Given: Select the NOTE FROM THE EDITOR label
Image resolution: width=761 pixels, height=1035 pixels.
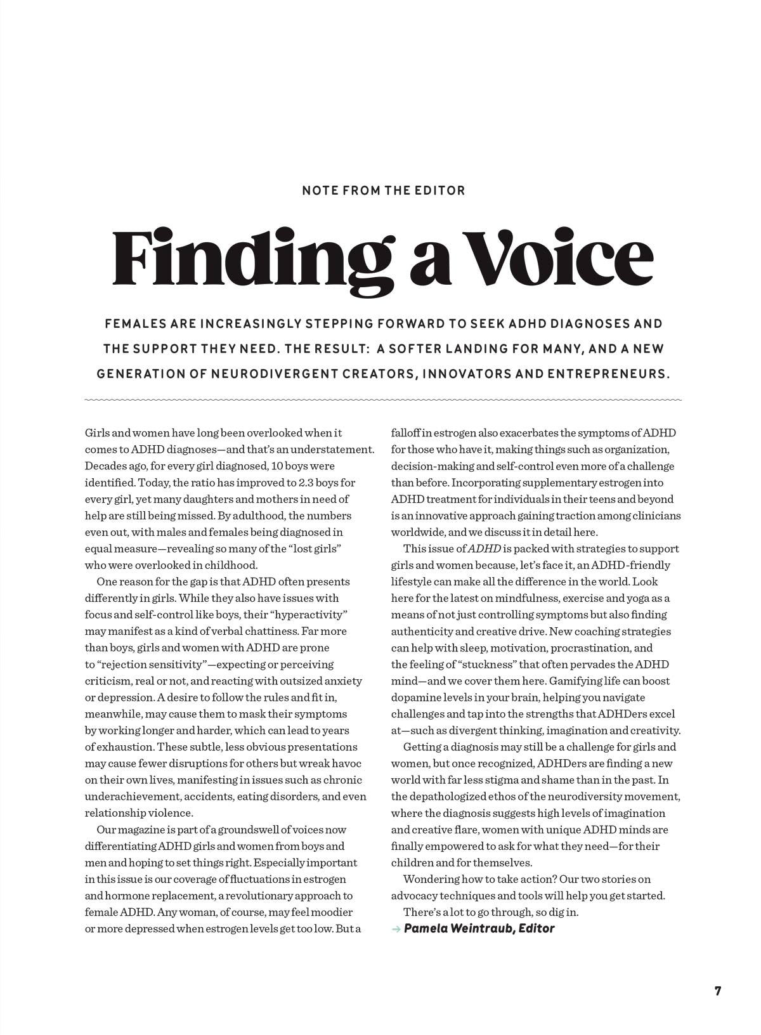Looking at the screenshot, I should tap(384, 190).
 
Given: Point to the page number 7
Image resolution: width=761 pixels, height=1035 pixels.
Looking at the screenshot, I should tap(718, 991).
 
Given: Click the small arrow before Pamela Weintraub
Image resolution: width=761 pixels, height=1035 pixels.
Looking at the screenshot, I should tap(396, 929).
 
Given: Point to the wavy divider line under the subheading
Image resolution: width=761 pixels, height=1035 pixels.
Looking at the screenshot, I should tap(383, 400).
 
